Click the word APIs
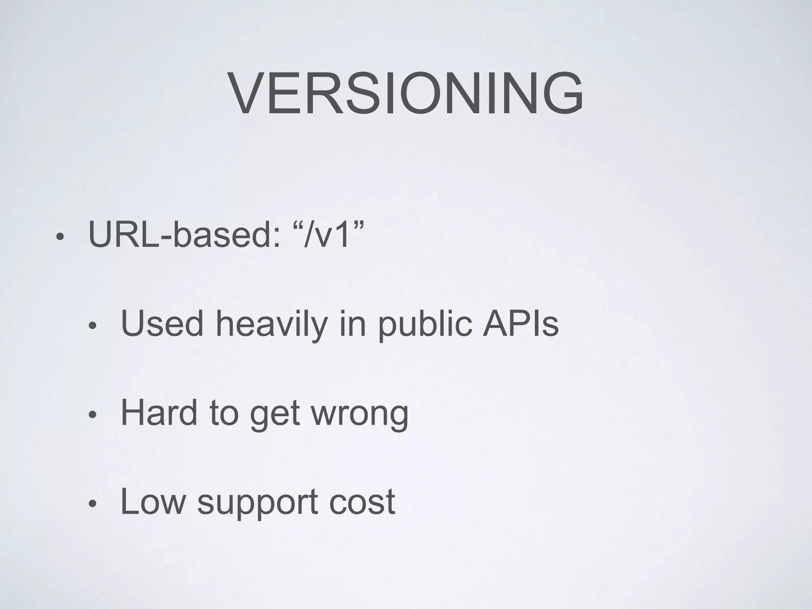pos(520,324)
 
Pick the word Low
pos(153,501)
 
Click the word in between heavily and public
pos(352,324)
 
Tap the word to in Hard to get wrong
pos(224,413)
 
